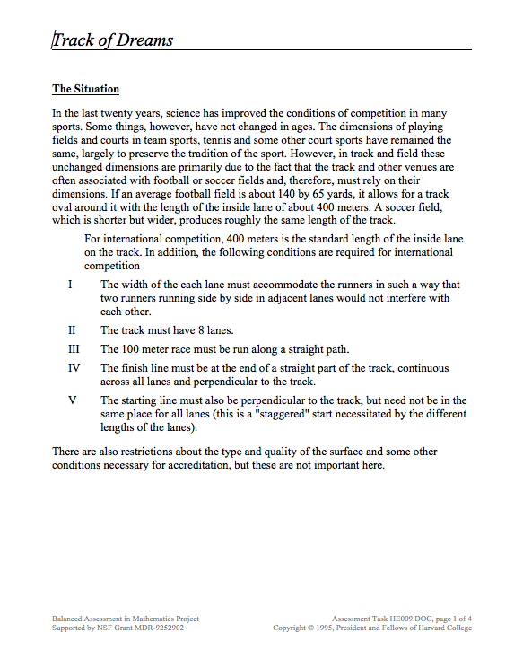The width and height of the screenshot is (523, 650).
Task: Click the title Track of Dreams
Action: [x=113, y=40]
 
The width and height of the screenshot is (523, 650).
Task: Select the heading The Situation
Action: [x=85, y=89]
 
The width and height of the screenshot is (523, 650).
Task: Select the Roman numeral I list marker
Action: [x=70, y=285]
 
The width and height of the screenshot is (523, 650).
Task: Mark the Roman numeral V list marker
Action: [x=72, y=400]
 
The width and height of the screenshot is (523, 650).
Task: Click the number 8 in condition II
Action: [x=199, y=330]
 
